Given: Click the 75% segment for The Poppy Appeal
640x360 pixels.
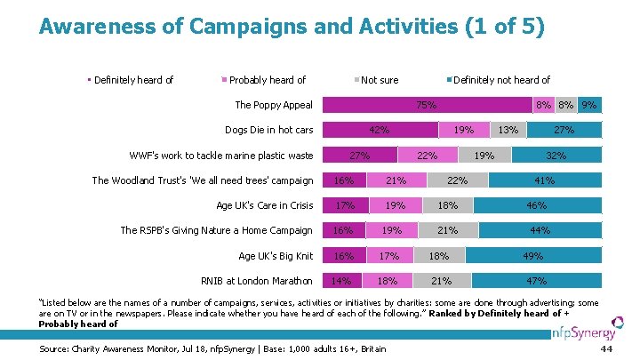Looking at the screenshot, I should [x=427, y=105].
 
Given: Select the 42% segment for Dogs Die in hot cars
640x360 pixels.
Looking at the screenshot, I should [x=380, y=130].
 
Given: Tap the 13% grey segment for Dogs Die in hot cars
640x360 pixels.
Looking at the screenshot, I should [x=508, y=130].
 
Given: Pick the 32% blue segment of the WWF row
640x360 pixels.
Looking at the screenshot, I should [x=556, y=156].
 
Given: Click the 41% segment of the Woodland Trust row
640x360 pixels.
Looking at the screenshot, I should [x=545, y=180].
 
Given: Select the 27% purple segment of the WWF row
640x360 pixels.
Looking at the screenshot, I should [x=359, y=156].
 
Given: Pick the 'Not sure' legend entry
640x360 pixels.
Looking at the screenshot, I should [x=380, y=80].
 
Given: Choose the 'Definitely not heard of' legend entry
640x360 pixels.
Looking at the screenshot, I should [x=501, y=80].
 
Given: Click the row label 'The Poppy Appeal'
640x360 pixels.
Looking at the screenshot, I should [x=274, y=105].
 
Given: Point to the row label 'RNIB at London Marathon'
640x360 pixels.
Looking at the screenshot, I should [x=258, y=282].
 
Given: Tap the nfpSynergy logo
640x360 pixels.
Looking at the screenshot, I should [x=588, y=333].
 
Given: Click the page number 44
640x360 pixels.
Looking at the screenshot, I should [x=608, y=348].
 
